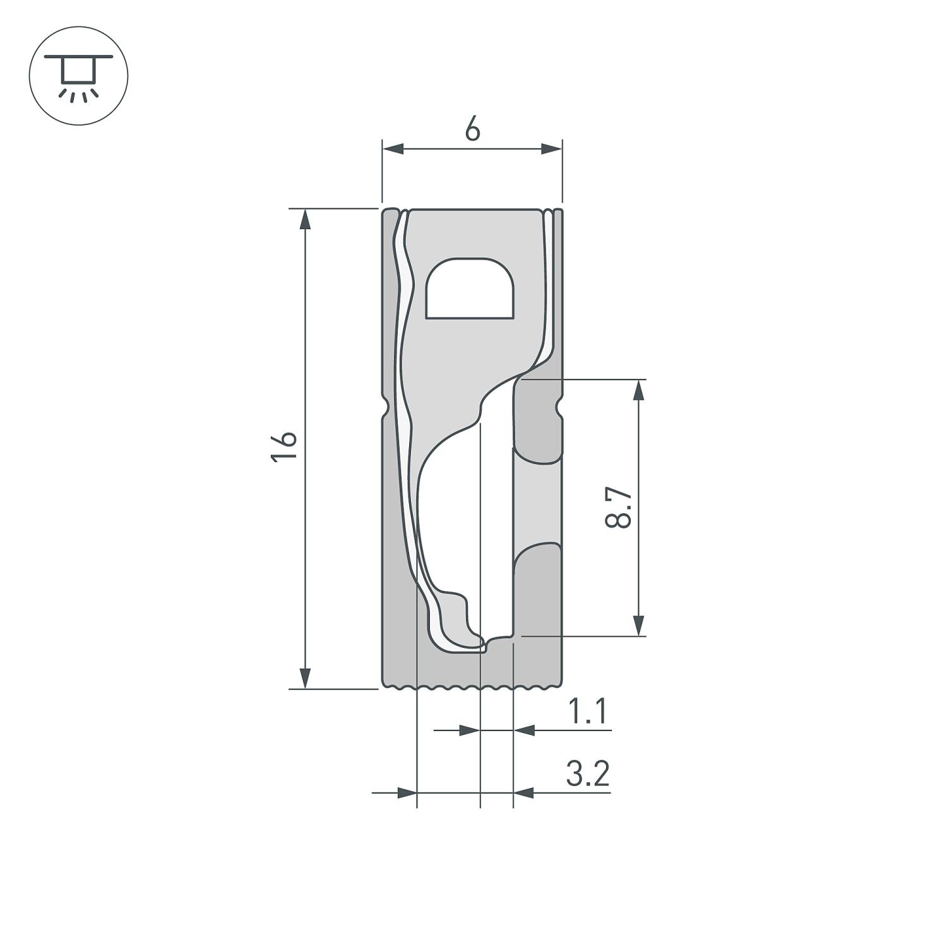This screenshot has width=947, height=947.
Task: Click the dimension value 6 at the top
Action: [x=472, y=129]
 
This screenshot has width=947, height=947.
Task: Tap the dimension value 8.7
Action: [x=618, y=507]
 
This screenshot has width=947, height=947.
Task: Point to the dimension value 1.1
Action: [x=588, y=712]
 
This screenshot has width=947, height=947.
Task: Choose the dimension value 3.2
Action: [x=588, y=774]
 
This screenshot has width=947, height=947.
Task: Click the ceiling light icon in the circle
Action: [x=78, y=76]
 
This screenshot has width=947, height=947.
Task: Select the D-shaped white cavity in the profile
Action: [x=469, y=289]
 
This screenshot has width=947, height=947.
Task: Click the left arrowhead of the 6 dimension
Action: [x=393, y=149]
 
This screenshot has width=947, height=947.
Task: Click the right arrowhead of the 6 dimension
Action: [x=551, y=149]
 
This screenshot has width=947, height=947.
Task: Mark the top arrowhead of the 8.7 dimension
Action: [x=639, y=390]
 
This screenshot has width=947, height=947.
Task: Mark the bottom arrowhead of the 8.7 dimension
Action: [x=639, y=626]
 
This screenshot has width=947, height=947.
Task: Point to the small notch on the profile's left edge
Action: [x=385, y=405]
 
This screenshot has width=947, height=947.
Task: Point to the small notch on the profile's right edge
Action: [x=559, y=405]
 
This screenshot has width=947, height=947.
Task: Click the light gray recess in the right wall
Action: [x=537, y=503]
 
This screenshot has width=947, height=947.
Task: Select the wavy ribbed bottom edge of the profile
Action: [x=472, y=686]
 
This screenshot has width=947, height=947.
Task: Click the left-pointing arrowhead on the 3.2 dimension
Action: [x=524, y=792]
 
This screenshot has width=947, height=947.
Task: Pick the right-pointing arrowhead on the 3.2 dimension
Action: [x=407, y=792]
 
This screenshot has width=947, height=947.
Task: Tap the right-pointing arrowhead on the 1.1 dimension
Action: [x=469, y=730]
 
